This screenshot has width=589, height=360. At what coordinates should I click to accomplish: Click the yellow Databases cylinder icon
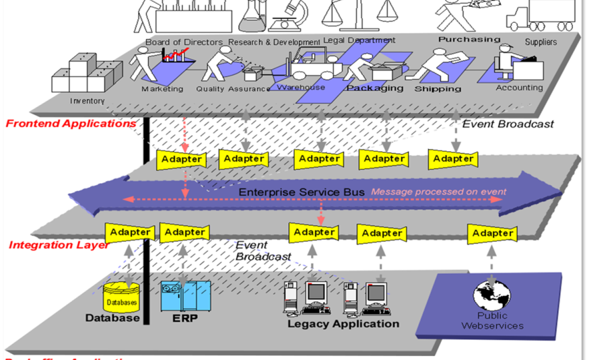[120, 297]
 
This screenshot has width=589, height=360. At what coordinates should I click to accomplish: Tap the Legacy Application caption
[343, 324]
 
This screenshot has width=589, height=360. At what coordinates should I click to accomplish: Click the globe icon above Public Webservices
[492, 295]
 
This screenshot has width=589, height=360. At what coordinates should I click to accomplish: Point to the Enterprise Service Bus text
[302, 192]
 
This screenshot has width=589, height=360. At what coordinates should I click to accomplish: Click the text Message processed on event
[438, 192]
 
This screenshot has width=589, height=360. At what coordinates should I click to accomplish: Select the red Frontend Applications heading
[71, 123]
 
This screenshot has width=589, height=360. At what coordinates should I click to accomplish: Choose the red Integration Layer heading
[59, 245]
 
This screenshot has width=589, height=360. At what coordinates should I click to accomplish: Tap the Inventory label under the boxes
[88, 101]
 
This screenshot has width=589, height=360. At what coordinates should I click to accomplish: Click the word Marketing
[162, 89]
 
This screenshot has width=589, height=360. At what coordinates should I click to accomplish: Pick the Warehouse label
[301, 87]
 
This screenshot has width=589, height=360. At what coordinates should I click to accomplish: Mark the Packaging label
[375, 88]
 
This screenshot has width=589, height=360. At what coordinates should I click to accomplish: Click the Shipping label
[438, 89]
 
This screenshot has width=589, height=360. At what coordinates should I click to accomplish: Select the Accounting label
[519, 87]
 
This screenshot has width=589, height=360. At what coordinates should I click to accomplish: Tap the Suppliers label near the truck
[541, 42]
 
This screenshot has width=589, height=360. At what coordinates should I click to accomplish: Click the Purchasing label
[469, 39]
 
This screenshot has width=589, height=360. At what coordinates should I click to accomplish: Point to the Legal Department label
[359, 40]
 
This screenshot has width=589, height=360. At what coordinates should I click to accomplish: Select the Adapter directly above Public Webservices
[492, 233]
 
